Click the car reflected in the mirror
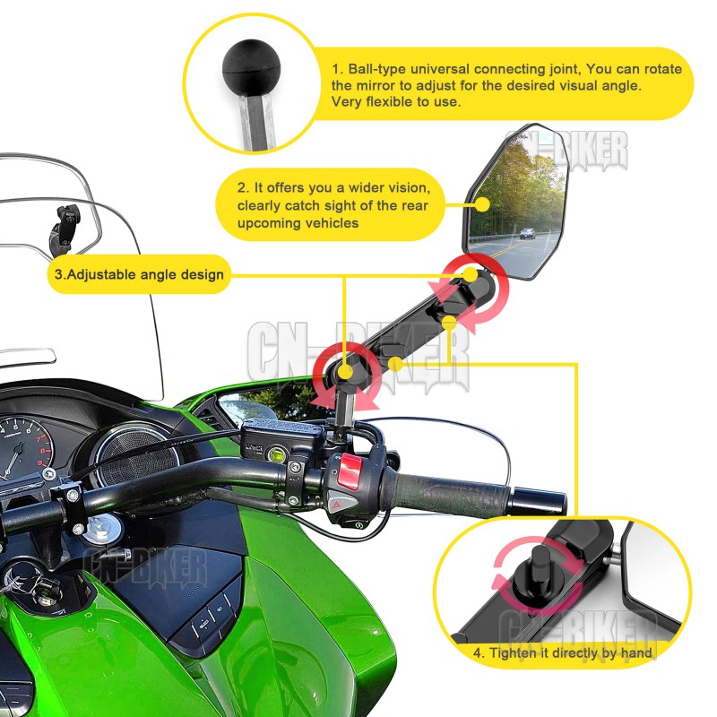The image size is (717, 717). tap(528, 233)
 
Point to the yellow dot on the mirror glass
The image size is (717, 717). tap(482, 203)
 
